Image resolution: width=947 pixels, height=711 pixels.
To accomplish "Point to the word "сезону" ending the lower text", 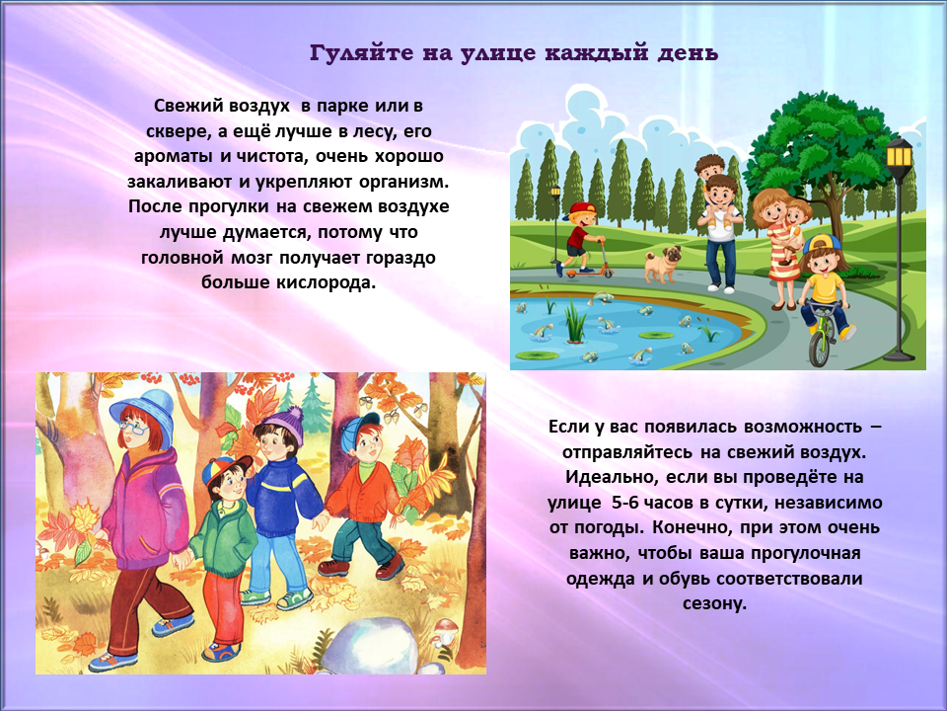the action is pyautogui.click(x=714, y=603).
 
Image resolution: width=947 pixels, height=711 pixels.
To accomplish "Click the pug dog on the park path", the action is pyautogui.click(x=662, y=265).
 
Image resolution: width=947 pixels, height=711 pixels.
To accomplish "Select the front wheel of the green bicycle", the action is pyautogui.click(x=820, y=348).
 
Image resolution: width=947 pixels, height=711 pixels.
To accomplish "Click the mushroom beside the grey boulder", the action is pyautogui.click(x=446, y=631).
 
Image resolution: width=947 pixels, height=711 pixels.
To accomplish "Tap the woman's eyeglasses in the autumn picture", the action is pyautogui.click(x=133, y=428).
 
